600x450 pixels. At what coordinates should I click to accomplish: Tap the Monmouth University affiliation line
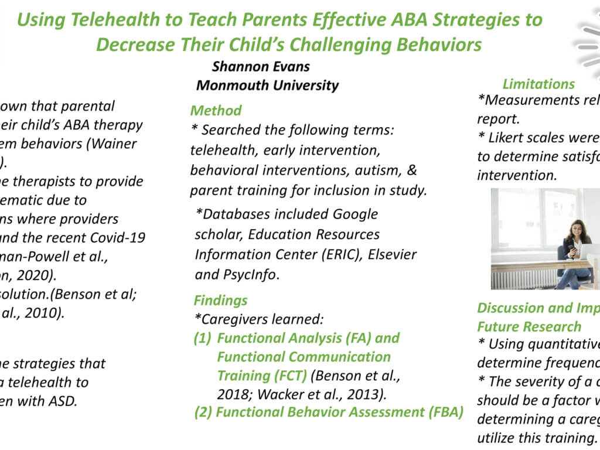tap(267, 85)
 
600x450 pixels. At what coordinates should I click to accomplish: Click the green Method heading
tap(216, 110)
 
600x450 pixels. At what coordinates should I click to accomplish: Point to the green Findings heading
tap(220, 301)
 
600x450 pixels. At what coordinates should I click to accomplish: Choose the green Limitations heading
tap(538, 84)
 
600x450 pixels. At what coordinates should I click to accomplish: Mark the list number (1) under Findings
tap(203, 338)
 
